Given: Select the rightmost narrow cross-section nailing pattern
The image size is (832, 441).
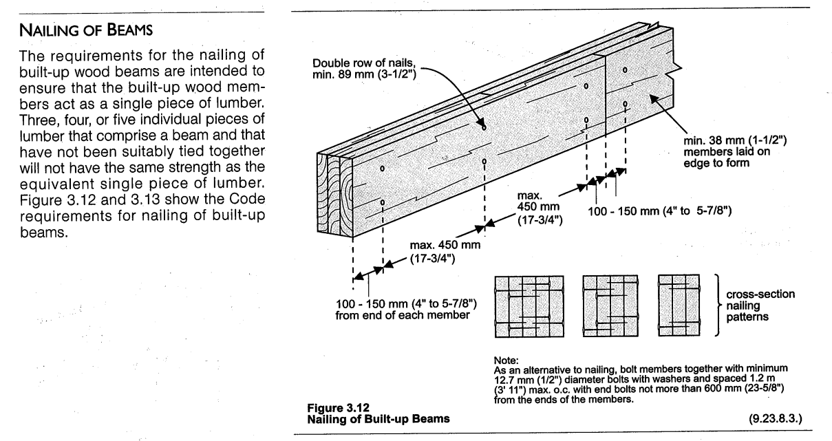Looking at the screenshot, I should click(679, 306).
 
